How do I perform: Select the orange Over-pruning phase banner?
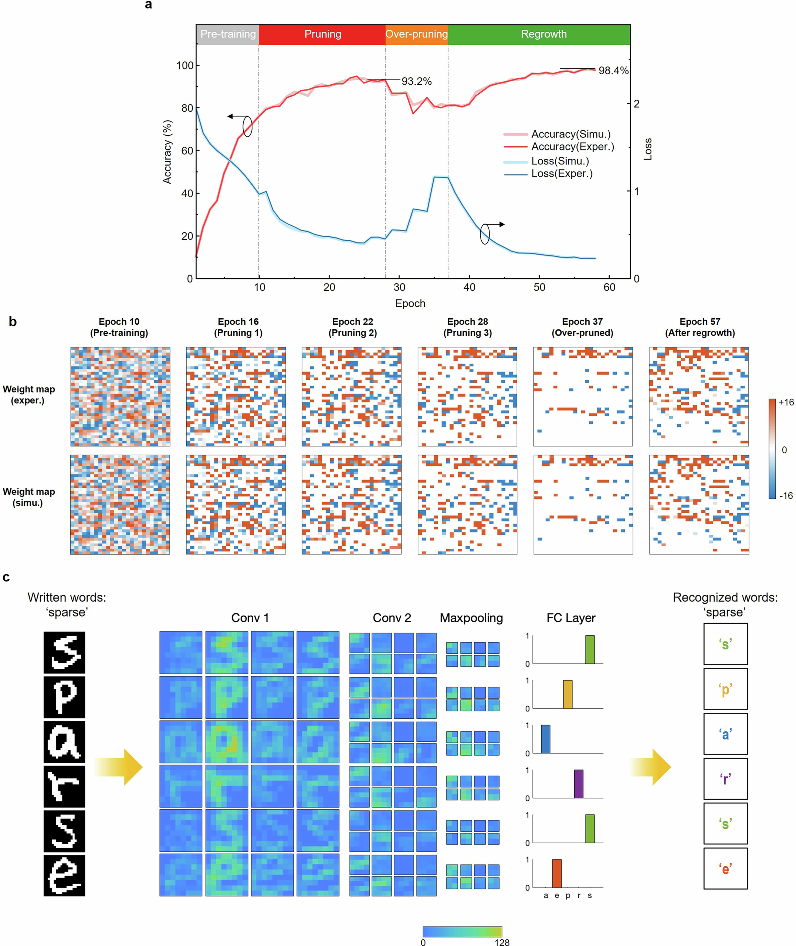click(x=416, y=34)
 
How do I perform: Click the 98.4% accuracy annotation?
click(x=613, y=70)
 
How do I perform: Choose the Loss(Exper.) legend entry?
click(x=561, y=174)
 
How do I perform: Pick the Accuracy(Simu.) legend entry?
click(x=570, y=134)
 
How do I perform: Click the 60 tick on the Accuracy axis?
click(x=187, y=151)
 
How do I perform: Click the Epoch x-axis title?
click(x=410, y=303)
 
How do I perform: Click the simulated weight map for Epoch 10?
click(x=120, y=504)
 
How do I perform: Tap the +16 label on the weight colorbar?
click(x=786, y=402)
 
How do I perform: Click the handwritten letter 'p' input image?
click(x=64, y=697)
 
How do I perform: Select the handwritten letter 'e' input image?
click(x=64, y=875)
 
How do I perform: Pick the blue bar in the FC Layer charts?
click(x=545, y=739)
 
